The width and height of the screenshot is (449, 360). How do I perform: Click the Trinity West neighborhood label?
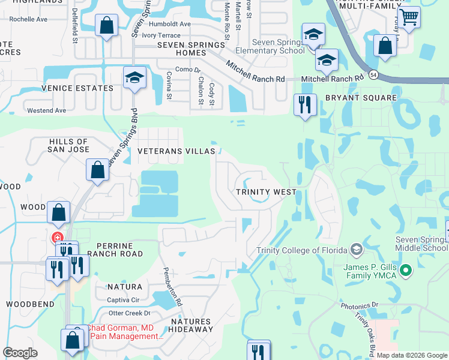(265, 192)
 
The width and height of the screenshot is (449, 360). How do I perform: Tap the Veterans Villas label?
(176, 152)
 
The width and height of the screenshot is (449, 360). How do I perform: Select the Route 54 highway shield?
(373, 74)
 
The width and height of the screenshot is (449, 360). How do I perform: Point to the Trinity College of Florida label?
(301, 250)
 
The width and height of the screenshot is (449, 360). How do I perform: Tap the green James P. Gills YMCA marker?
(406, 271)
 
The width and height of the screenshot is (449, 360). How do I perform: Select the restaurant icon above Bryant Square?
(305, 105)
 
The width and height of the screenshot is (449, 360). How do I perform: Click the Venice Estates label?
(86, 88)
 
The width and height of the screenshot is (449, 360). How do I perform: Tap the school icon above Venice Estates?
(135, 77)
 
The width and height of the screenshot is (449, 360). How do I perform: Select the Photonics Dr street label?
(360, 305)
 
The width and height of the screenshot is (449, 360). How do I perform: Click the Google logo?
(20, 353)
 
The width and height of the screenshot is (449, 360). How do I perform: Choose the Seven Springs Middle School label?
(421, 244)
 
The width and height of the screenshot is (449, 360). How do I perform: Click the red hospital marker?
(58, 238)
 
